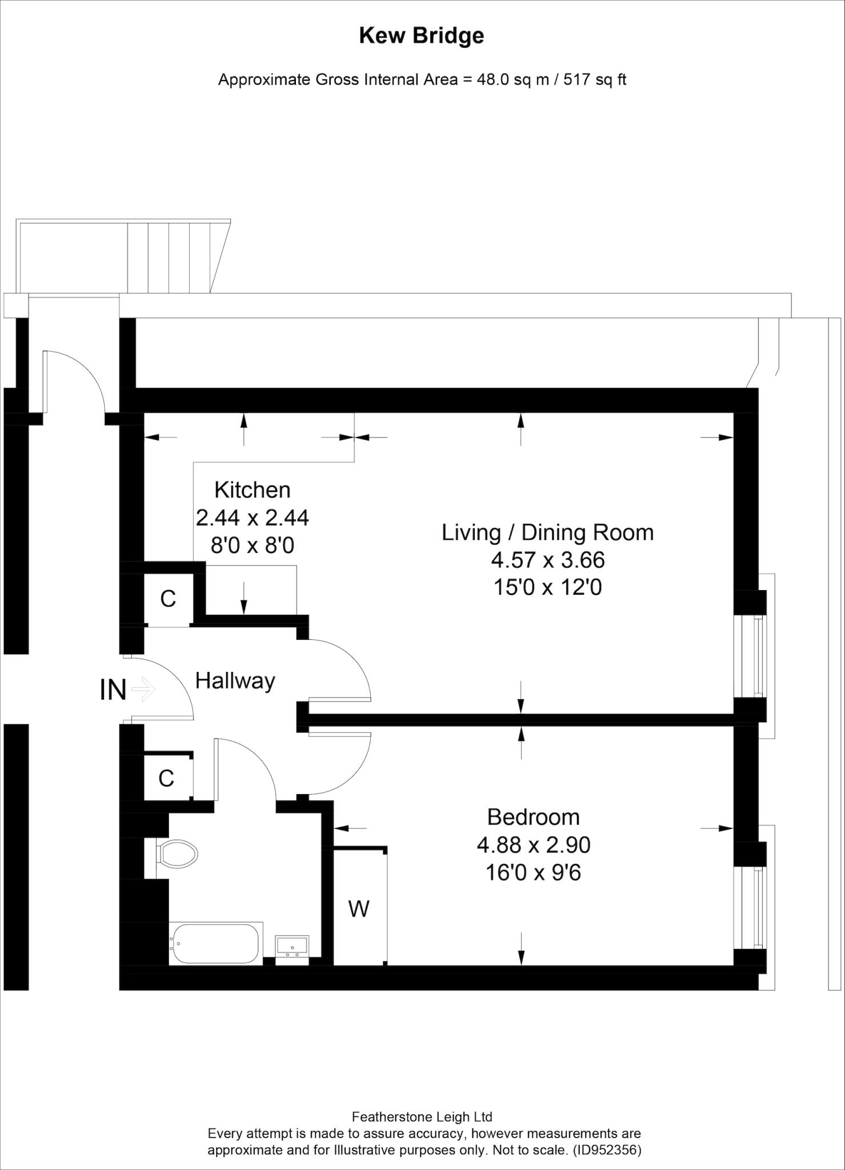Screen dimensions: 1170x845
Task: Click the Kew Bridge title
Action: click(422, 36)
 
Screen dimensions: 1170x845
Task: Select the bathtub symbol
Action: click(216, 943)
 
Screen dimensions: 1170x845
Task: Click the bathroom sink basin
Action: click(292, 945)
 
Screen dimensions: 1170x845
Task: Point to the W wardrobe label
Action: click(359, 908)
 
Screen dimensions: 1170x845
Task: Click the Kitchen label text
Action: click(252, 490)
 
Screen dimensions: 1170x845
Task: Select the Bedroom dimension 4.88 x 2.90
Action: click(533, 844)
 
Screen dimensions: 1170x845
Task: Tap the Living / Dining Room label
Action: click(547, 532)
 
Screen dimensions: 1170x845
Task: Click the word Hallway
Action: click(235, 681)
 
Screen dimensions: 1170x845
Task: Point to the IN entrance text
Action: click(113, 690)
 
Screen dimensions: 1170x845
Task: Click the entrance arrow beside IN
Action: click(143, 689)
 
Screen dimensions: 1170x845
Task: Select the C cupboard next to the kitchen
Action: click(167, 599)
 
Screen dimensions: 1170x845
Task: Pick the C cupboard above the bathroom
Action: click(166, 778)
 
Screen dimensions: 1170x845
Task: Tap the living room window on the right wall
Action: click(758, 657)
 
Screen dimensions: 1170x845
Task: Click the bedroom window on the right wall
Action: click(758, 907)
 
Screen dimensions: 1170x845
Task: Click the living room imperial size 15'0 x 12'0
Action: click(547, 587)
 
